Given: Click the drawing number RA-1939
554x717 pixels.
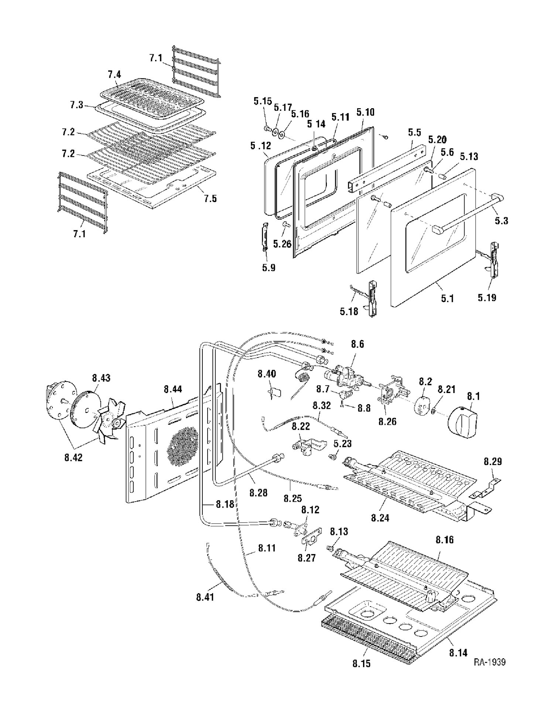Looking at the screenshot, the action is (490, 662).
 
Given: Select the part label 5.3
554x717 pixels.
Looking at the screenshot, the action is (501, 221).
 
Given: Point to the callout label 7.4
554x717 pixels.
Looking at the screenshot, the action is (114, 74).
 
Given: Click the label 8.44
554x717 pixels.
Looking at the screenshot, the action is (172, 389).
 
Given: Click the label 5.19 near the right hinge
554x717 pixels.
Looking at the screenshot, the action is (487, 298).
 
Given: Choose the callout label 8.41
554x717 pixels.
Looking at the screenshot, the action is (205, 597).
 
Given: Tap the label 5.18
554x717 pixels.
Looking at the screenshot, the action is (349, 311).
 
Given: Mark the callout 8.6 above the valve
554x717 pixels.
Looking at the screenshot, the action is (357, 344).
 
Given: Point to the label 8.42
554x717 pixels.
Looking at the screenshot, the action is (73, 457).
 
